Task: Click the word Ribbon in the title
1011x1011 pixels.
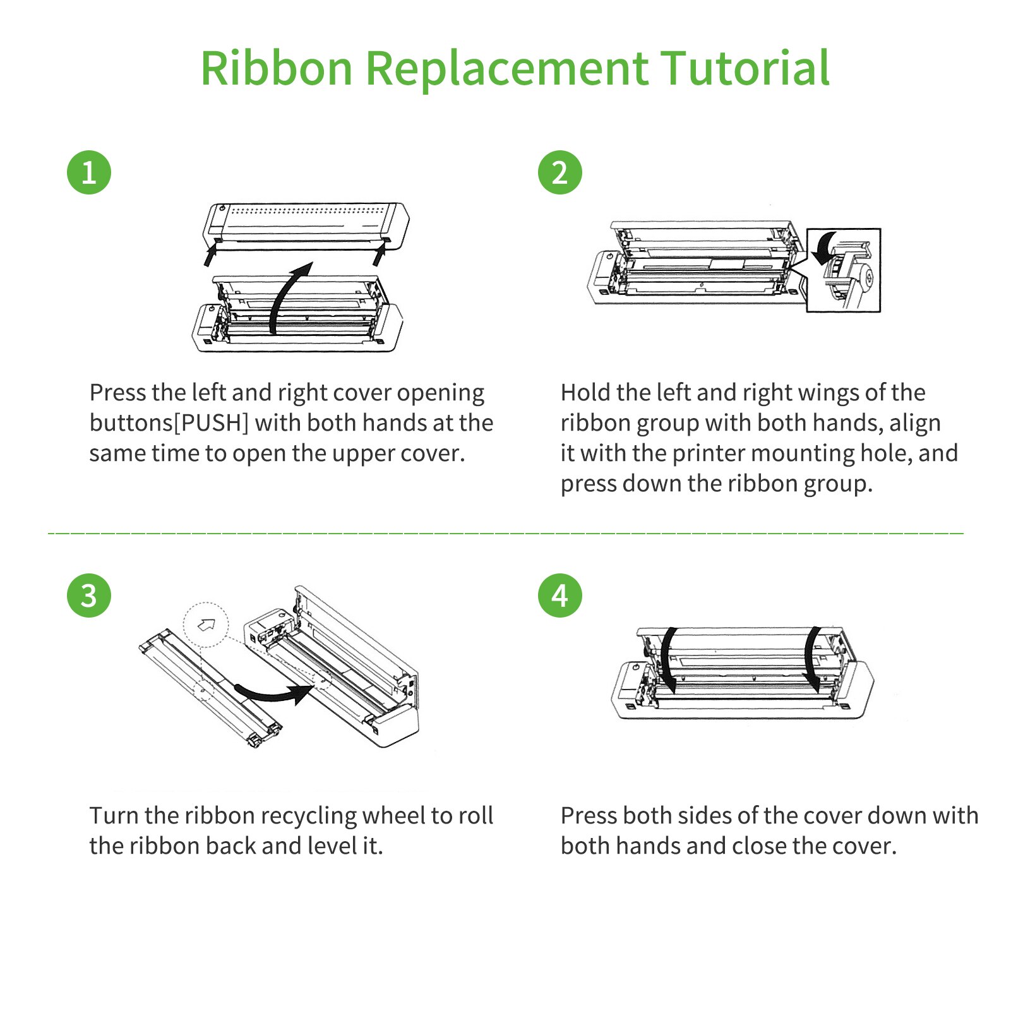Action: click(x=276, y=68)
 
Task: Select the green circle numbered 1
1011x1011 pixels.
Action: click(x=89, y=172)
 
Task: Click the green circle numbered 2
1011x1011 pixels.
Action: click(x=560, y=172)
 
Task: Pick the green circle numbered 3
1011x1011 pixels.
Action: click(x=89, y=595)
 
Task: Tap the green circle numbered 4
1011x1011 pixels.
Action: click(x=560, y=595)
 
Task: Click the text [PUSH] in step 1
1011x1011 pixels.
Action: click(x=211, y=423)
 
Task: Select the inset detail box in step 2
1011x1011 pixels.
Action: click(x=844, y=270)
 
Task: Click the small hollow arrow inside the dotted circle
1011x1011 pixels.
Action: click(x=206, y=625)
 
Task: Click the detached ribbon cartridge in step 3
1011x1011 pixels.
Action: click(x=208, y=685)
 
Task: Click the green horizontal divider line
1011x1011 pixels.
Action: click(x=505, y=534)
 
